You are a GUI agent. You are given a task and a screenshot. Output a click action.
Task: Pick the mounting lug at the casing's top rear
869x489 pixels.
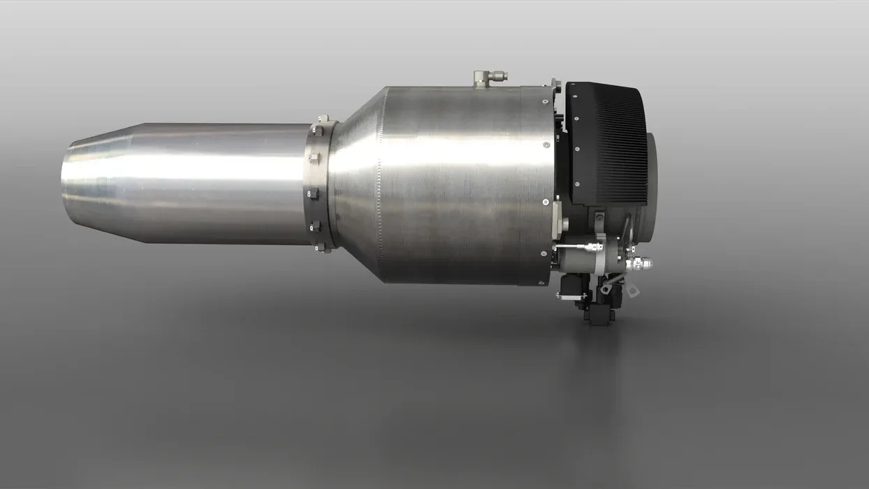(x=556, y=86)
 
